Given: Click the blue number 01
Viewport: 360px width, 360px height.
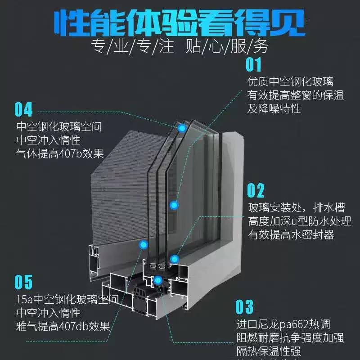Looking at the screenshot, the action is pyautogui.click(x=253, y=65).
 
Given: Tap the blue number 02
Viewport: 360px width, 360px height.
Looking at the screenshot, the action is pyautogui.click(x=256, y=191).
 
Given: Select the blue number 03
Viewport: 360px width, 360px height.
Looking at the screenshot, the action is pyautogui.click(x=245, y=307).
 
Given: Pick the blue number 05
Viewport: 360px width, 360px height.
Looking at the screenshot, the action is pyautogui.click(x=23, y=282).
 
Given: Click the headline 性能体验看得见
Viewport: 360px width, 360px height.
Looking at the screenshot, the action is pyautogui.click(x=180, y=21).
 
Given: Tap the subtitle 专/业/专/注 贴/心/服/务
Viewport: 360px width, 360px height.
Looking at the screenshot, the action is pyautogui.click(x=180, y=46).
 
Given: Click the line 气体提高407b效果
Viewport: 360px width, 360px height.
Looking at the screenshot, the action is pyautogui.click(x=60, y=153).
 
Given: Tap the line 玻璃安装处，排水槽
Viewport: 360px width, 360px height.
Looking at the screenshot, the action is pyautogui.click(x=297, y=208).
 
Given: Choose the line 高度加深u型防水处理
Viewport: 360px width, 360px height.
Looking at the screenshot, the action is pyautogui.click(x=300, y=221).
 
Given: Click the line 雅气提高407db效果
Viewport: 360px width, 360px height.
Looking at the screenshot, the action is pyautogui.click(x=63, y=326).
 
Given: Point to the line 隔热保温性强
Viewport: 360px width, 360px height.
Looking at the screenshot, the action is pyautogui.click(x=269, y=351).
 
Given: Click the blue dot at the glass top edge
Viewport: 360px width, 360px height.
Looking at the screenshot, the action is pyautogui.click(x=182, y=128).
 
